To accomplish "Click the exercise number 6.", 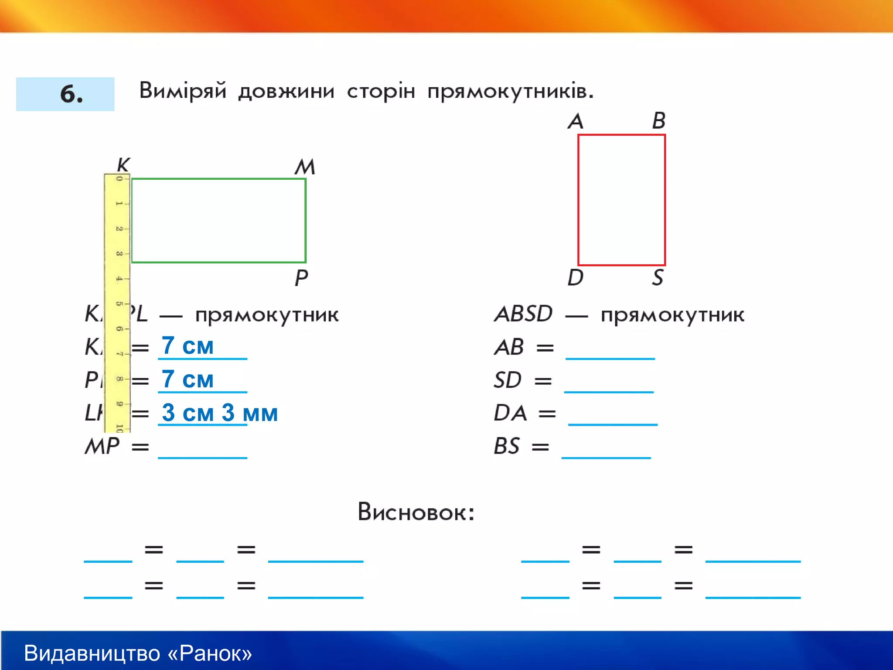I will tap(71, 94).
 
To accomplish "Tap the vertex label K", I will tap(123, 165).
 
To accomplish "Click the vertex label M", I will tap(305, 167).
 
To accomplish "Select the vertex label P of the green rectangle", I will tap(301, 278).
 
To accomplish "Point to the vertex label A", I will tap(576, 121).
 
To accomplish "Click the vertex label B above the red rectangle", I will tap(659, 121).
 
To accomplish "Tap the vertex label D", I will tap(576, 277).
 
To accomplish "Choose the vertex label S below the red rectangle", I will tap(658, 277).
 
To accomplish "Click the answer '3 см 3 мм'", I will tap(219, 413).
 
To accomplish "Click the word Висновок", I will tap(416, 512).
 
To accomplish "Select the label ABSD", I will tap(524, 314).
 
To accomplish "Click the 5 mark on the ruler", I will tap(119, 303).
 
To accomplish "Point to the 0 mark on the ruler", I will tap(119, 178).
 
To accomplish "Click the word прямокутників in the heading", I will tap(510, 92).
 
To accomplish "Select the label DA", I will tap(510, 413).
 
